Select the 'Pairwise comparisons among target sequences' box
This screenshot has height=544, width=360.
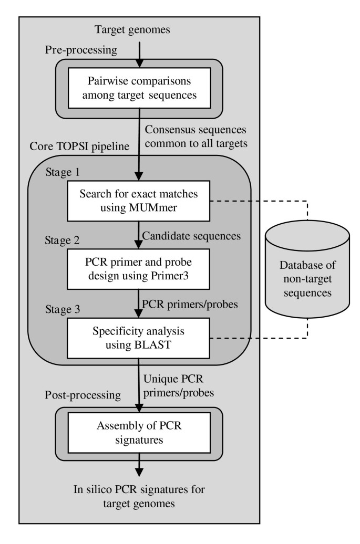[x=139, y=88]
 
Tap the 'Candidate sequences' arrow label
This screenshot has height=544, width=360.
[x=191, y=236]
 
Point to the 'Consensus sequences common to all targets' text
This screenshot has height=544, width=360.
[x=196, y=135]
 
